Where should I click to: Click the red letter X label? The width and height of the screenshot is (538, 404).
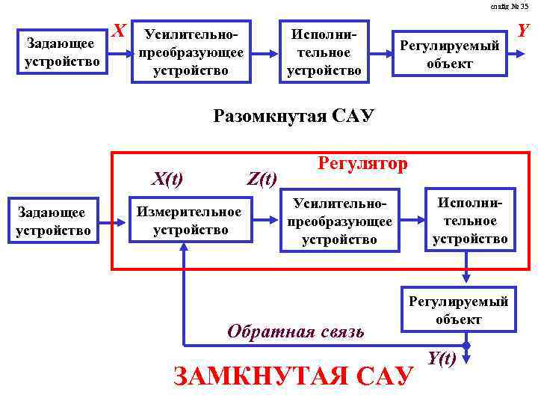[x=117, y=31]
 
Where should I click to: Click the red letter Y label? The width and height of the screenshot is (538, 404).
[x=524, y=31]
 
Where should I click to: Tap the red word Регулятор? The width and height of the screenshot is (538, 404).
[x=363, y=163]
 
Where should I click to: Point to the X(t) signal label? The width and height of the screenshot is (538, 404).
[x=167, y=178]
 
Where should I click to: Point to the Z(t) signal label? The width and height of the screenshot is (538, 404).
[x=262, y=178]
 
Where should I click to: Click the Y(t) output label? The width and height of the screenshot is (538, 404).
[x=442, y=358]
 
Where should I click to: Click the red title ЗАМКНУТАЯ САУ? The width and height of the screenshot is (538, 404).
[x=292, y=375]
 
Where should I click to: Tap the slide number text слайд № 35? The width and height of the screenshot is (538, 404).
[x=510, y=6]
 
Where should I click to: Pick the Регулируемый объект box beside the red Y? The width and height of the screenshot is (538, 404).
[x=451, y=55]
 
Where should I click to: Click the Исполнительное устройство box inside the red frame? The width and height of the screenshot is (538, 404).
[x=470, y=221]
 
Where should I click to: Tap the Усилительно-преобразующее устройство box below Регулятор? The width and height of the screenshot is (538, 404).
[x=340, y=221]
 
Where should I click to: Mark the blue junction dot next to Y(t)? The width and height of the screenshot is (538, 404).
[x=466, y=346]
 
